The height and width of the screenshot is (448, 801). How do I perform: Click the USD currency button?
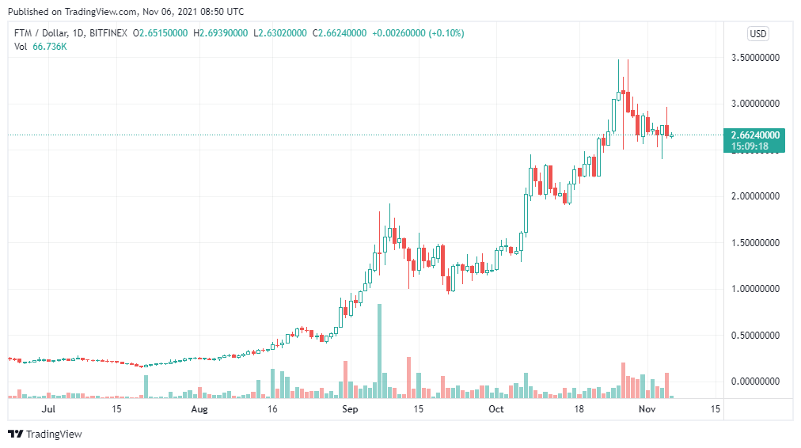click(x=758, y=33)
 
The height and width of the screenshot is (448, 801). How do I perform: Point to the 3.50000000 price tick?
click(x=757, y=58)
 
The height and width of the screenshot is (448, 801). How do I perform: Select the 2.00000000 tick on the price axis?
click(x=757, y=196)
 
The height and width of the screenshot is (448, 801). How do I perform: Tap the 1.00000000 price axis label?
click(x=757, y=289)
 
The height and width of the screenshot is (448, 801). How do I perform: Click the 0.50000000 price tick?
click(x=757, y=335)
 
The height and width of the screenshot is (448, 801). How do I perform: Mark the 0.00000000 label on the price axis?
click(x=757, y=382)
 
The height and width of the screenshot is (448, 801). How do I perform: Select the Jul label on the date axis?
click(x=48, y=409)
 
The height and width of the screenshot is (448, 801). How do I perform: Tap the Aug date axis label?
click(x=199, y=409)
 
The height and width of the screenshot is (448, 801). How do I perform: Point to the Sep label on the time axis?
click(x=349, y=409)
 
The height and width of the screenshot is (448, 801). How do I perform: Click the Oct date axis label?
click(x=496, y=409)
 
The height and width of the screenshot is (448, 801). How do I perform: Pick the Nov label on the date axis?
click(x=647, y=409)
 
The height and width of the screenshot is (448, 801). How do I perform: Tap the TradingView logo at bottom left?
click(x=45, y=434)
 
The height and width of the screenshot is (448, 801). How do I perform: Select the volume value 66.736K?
click(x=49, y=47)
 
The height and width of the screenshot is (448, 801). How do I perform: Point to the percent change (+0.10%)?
click(x=447, y=33)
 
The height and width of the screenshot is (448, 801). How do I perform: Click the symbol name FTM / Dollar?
click(x=40, y=33)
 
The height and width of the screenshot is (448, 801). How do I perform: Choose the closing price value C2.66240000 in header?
click(x=340, y=33)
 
